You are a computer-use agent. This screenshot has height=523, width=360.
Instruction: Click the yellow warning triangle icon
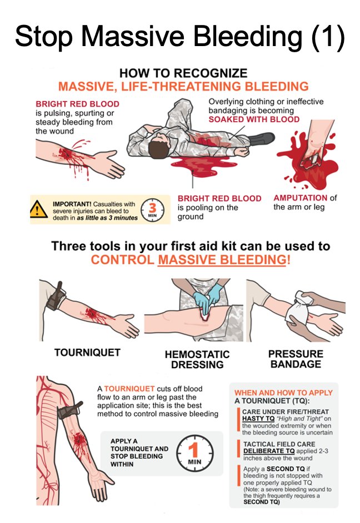[39, 209]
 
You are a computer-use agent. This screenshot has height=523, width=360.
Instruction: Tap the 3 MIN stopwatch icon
[152, 210]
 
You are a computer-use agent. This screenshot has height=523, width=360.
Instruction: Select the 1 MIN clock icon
[194, 454]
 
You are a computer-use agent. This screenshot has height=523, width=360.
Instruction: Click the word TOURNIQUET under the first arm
[87, 353]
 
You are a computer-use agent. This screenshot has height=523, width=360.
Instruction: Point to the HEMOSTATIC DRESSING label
[197, 359]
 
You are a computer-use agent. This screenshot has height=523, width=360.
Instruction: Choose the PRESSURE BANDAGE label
[296, 359]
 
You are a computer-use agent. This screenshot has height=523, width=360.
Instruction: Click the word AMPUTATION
[301, 198]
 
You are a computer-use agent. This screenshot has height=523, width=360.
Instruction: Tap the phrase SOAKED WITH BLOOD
[254, 119]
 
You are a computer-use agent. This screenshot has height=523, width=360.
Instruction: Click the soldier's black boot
[262, 138]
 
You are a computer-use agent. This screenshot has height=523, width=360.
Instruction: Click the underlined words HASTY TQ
[258, 419]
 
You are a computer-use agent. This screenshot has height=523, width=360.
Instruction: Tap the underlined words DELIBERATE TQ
[269, 451]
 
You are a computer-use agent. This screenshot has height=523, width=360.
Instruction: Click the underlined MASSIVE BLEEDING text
[222, 259]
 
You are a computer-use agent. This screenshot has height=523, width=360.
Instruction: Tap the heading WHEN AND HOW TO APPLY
[283, 393]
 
